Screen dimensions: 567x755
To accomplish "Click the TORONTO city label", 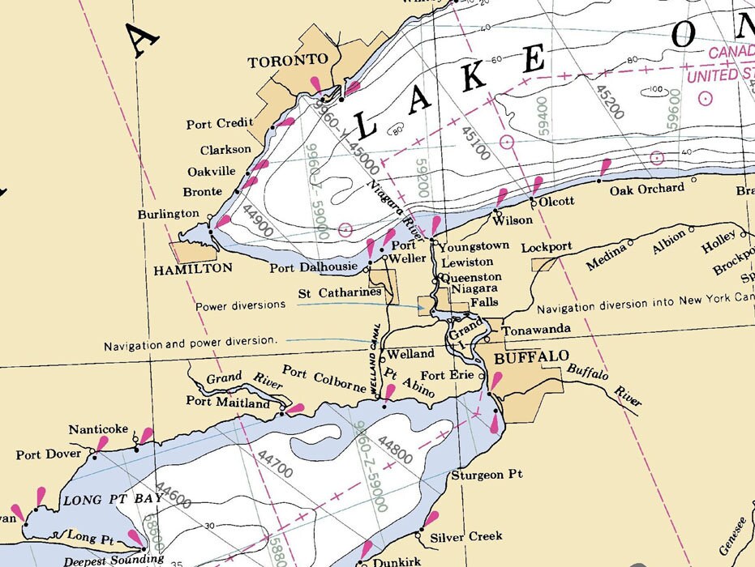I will point(288,61).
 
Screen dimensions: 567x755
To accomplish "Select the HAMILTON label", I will point(193,268).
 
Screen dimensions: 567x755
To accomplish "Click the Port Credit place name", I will point(219,124).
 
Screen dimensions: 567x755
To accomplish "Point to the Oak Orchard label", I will point(647,189).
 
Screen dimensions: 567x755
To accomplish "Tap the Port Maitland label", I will point(227,402).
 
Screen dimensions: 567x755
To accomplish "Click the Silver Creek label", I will point(466,536).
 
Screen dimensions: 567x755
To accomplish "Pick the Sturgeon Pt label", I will point(487,475).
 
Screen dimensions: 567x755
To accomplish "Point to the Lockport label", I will point(547,246).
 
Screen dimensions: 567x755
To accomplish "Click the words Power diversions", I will point(240,305).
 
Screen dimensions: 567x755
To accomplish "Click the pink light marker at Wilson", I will point(502,197).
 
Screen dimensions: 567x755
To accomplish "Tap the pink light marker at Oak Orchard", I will point(604,168).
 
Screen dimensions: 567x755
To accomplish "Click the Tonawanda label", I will point(536,330).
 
